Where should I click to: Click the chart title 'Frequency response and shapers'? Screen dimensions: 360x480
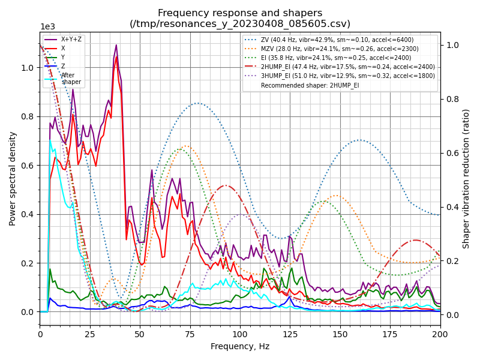tap(240, 13)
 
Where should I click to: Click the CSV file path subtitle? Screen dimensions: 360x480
tap(240, 24)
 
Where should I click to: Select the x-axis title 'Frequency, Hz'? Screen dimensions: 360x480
tap(240, 346)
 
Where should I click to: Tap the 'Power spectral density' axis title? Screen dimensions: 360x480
tap(13, 178)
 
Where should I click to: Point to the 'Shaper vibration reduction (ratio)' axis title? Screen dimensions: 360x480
tap(466, 178)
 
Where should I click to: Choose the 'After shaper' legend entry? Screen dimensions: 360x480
tap(71, 79)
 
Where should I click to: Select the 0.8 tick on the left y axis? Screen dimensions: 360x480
tap(28, 116)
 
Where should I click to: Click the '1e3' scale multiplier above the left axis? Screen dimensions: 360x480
tap(47, 27)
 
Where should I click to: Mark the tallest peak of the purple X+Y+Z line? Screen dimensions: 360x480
tap(116, 45)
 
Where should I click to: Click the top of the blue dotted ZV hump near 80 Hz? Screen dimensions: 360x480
tap(197, 103)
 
